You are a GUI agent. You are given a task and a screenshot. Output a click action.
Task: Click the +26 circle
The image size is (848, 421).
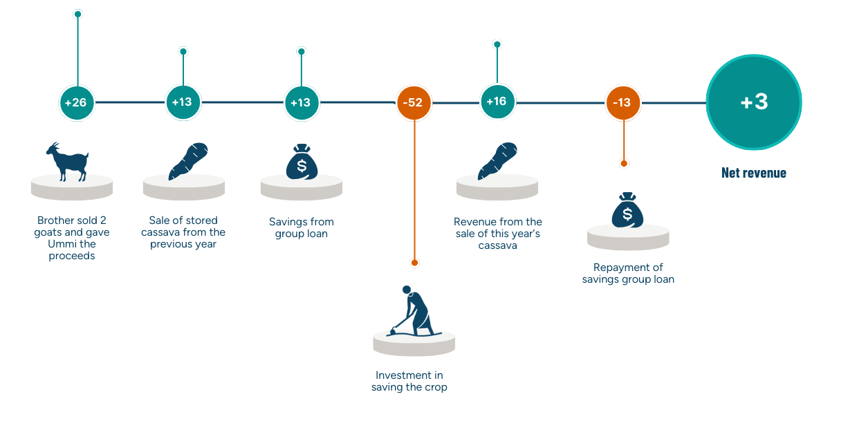76,103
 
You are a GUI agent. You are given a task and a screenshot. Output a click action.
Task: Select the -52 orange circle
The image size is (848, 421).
414,103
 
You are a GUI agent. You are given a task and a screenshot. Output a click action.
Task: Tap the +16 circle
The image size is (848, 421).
497,102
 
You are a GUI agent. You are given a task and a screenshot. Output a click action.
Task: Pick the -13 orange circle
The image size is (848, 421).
623,103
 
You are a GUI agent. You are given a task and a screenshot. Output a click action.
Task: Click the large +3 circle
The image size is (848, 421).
754,102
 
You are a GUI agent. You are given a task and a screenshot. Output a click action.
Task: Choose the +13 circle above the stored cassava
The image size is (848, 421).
183,103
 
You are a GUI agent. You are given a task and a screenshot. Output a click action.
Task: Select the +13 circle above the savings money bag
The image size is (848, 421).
301,103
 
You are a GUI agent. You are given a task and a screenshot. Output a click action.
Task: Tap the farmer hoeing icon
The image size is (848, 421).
414,310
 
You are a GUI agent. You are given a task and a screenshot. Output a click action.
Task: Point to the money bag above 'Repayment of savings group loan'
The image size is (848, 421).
627,211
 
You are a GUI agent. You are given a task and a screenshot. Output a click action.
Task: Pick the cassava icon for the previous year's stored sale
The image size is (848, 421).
187,160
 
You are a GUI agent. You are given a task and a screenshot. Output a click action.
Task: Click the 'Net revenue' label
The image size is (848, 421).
754,173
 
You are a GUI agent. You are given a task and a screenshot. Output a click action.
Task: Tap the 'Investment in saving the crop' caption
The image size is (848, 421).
409,381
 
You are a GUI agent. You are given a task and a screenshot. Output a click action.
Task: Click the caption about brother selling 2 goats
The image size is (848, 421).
72,238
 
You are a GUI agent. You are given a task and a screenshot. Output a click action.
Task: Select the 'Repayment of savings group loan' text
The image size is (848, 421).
629,273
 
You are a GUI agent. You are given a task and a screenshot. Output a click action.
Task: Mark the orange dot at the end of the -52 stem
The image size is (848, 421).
414,263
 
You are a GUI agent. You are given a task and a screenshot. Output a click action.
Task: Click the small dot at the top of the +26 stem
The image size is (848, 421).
77,14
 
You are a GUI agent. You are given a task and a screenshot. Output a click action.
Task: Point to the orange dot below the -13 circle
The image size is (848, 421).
624,164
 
